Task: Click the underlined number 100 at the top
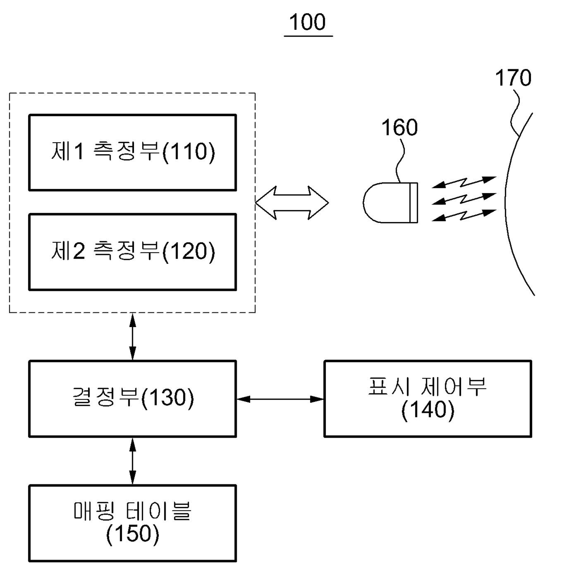pyautogui.click(x=308, y=22)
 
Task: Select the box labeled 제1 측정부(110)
pyautogui.click(x=133, y=152)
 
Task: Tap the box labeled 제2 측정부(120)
pyautogui.click(x=133, y=252)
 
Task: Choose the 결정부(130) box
pyautogui.click(x=133, y=399)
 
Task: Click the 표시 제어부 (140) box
pyautogui.click(x=428, y=399)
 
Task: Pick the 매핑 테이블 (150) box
pyautogui.click(x=133, y=523)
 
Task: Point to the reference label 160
pyautogui.click(x=399, y=128)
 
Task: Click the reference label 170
pyautogui.click(x=513, y=78)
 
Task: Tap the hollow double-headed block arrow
pyautogui.click(x=292, y=203)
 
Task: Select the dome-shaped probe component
pyautogui.click(x=390, y=203)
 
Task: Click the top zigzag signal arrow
pyautogui.click(x=464, y=182)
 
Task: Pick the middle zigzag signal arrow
pyautogui.click(x=464, y=199)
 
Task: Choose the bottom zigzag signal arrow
pyautogui.click(x=464, y=215)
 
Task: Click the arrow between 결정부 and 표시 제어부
pyautogui.click(x=280, y=399)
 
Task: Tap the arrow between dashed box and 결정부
pyautogui.click(x=133, y=336)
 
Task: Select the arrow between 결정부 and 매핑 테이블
pyautogui.click(x=133, y=461)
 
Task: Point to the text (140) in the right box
pyautogui.click(x=428, y=410)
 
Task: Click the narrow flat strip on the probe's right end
pyautogui.click(x=413, y=203)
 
